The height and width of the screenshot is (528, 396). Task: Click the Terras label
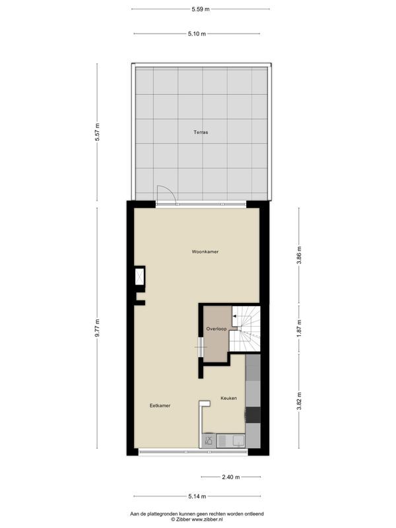tap(201, 132)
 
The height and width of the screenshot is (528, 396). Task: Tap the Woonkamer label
tap(205, 252)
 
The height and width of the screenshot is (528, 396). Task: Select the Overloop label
tap(216, 328)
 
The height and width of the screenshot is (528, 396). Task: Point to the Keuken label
tap(228, 398)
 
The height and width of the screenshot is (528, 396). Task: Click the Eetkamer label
tap(160, 405)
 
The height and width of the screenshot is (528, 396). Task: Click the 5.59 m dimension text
tap(201, 9)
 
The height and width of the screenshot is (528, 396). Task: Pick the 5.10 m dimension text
tap(197, 34)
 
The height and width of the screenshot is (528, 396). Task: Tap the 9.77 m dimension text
tap(97, 328)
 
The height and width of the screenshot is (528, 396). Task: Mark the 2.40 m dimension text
tap(230, 477)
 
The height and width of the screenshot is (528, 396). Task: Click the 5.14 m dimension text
tap(197, 496)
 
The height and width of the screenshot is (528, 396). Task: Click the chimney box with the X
tap(140, 275)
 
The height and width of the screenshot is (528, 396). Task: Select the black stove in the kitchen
tap(253, 414)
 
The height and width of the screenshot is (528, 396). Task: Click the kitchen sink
tap(236, 440)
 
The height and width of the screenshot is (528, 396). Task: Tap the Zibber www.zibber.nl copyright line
tap(197, 519)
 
